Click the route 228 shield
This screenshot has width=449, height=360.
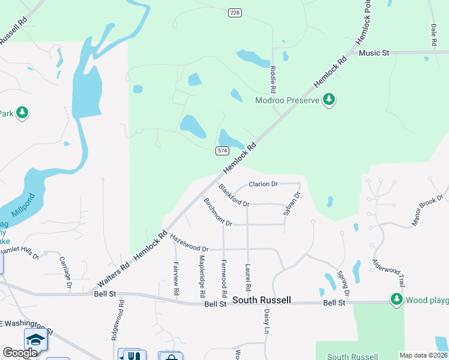tap(234, 13)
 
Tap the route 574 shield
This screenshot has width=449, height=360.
tap(222, 150)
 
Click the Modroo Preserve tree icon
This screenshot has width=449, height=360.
tap(328, 100)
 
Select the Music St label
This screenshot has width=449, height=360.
tap(374, 53)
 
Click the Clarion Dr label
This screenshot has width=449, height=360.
tap(263, 184)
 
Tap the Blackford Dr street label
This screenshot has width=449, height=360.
tap(234, 195)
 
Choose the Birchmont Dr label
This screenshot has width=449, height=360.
tap(218, 212)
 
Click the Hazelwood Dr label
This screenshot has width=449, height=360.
tap(189, 243)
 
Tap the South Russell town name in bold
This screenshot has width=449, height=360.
tap(261, 300)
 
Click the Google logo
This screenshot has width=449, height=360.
tap(20, 353)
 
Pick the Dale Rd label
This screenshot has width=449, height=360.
tap(433, 35)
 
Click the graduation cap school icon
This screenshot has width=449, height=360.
tap(35, 340)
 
